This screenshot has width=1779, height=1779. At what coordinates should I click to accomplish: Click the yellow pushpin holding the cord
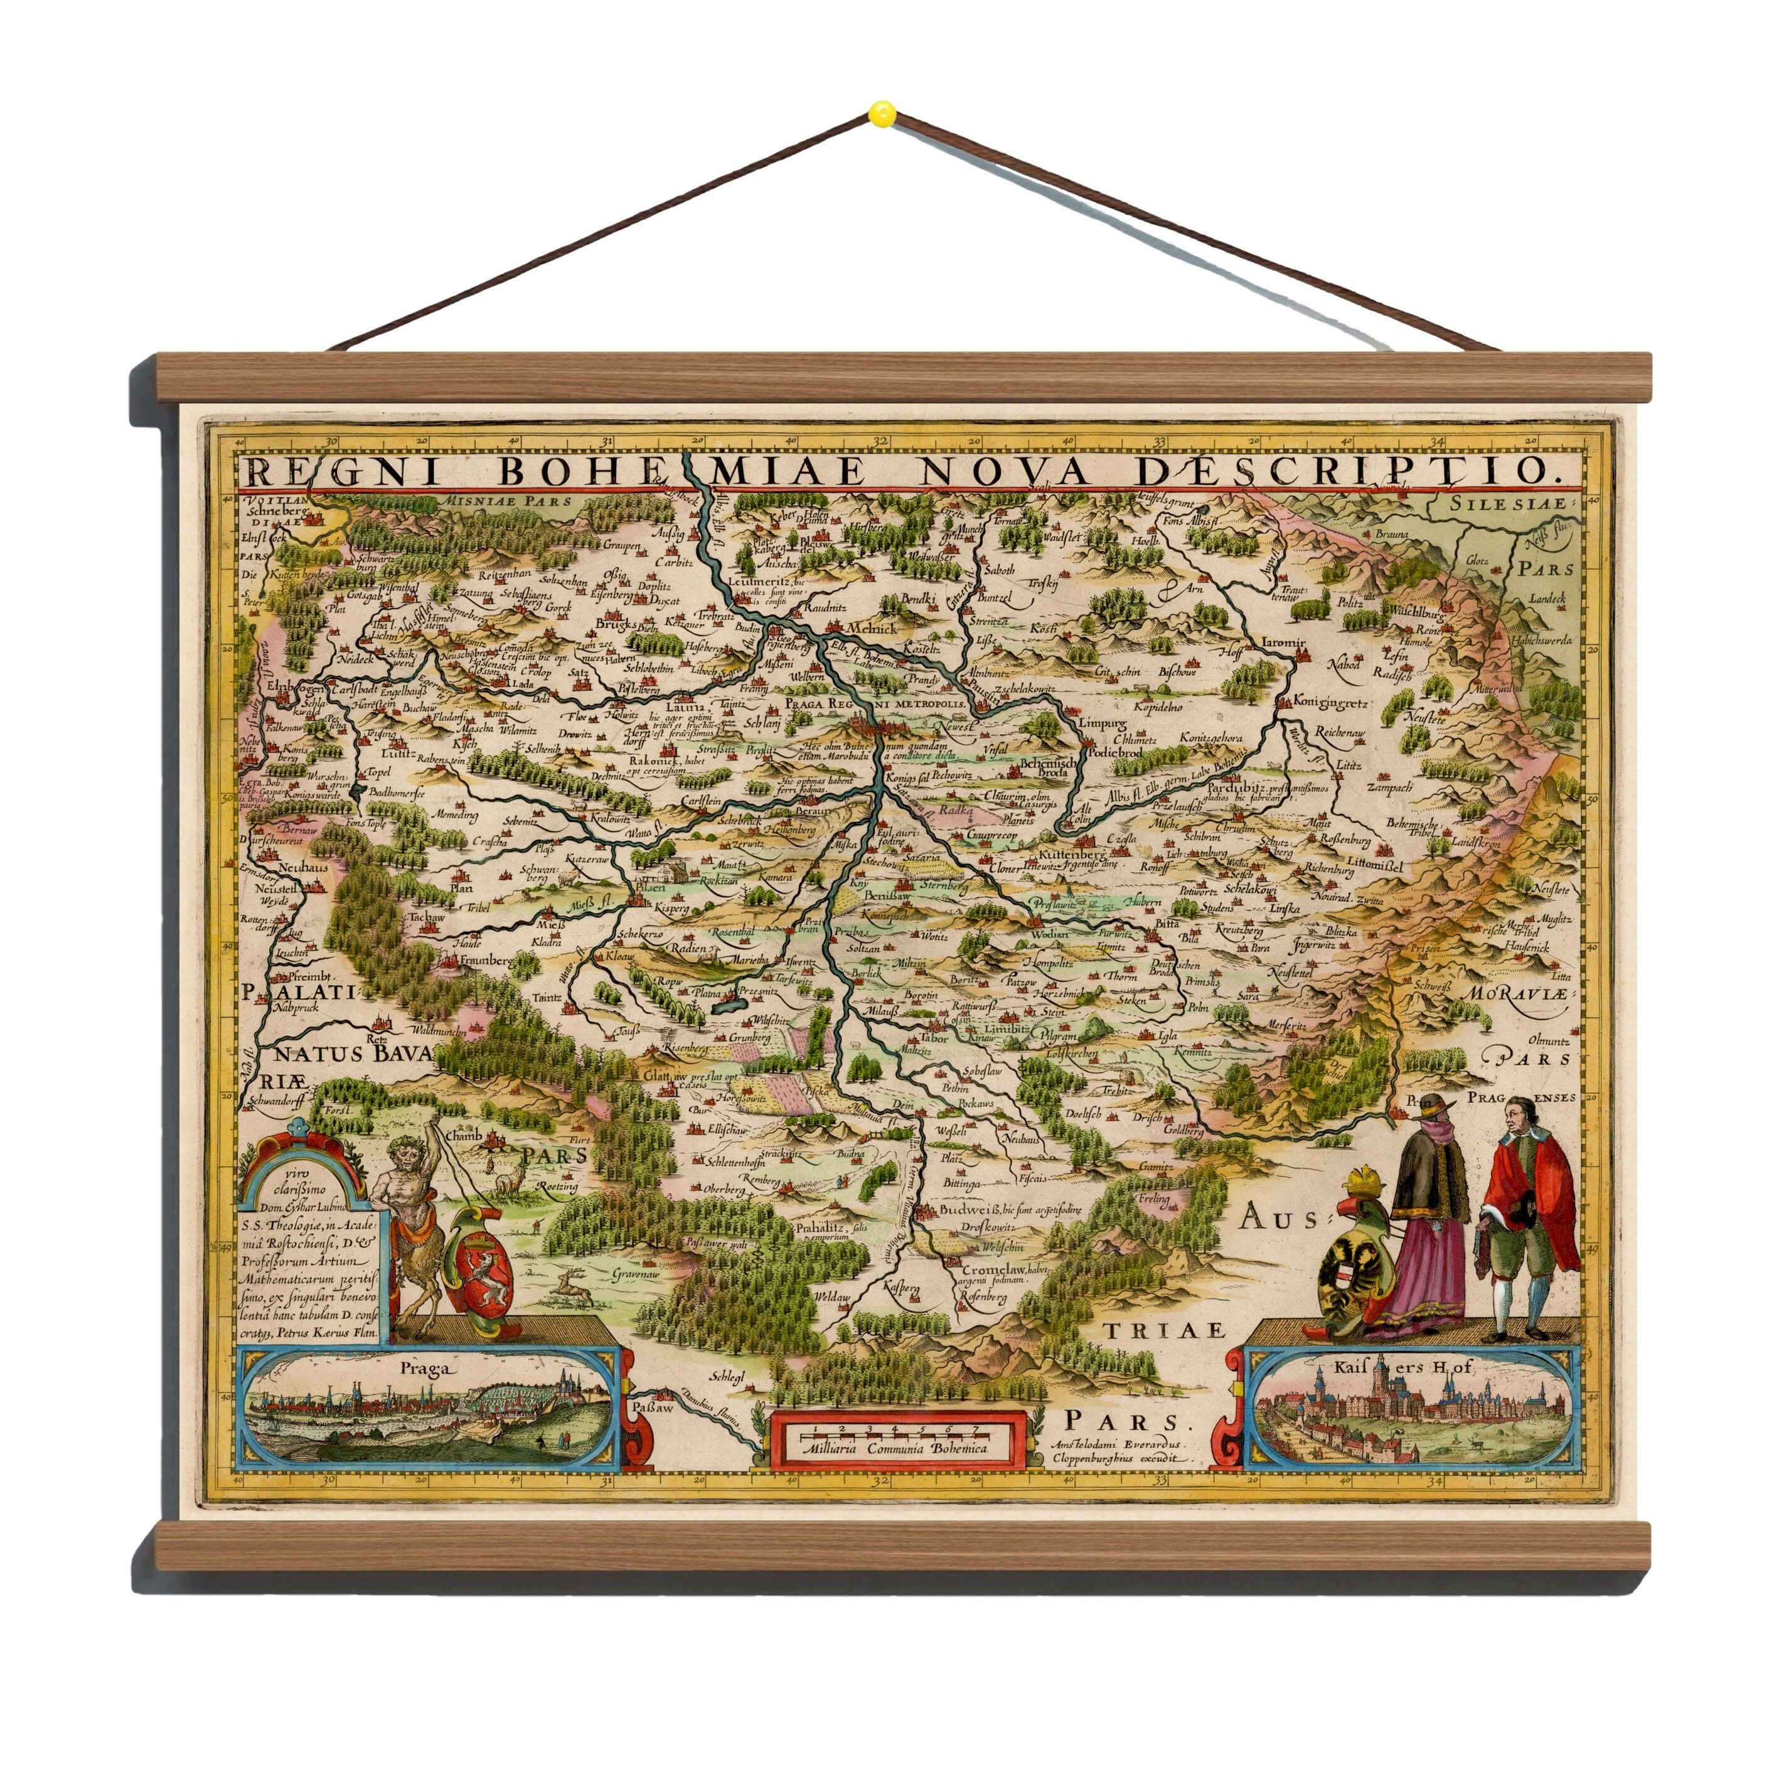click(881, 114)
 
